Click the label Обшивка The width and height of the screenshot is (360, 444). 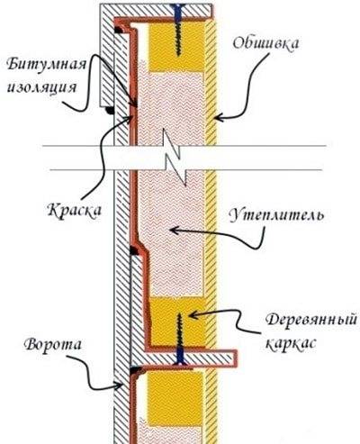(265, 44)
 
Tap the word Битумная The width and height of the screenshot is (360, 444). (47, 64)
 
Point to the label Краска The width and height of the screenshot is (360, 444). (74, 210)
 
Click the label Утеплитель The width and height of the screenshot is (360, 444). (276, 214)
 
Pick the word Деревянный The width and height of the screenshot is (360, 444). (311, 321)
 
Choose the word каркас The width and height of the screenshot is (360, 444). (291, 343)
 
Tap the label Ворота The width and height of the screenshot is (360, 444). (53, 344)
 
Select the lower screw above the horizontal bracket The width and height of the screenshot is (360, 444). (179, 331)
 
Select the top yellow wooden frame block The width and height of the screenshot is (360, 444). (177, 47)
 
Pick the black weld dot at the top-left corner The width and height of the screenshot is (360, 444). (118, 30)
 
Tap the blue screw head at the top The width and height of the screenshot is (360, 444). (178, 11)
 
